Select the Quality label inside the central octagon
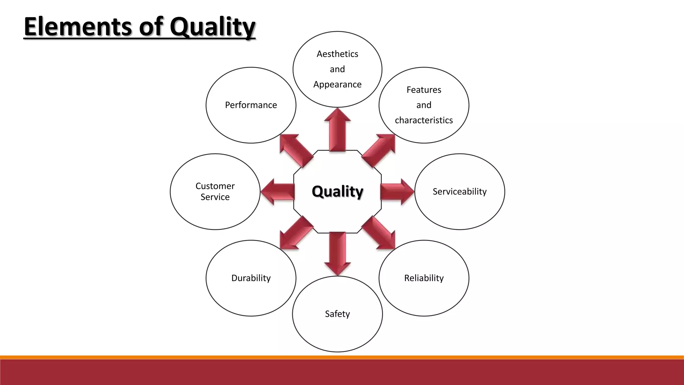[x=337, y=191]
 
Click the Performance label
[x=251, y=105]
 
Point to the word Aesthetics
[x=337, y=54]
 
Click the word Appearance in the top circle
[x=337, y=85]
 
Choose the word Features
[x=424, y=90]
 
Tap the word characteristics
[x=424, y=120]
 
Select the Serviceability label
[x=460, y=191]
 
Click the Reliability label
[x=424, y=278]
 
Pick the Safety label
[x=337, y=314]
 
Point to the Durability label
[x=251, y=278]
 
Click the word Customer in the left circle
[x=215, y=186]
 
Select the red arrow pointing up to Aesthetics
[x=337, y=130]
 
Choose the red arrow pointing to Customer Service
[x=278, y=192]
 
